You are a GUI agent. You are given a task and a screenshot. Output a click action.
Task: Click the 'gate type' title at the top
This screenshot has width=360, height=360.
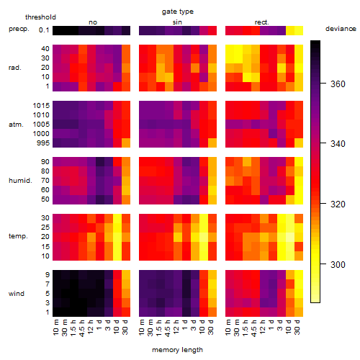(x=178, y=12)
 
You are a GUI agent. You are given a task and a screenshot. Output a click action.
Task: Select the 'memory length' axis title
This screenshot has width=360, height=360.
(x=177, y=350)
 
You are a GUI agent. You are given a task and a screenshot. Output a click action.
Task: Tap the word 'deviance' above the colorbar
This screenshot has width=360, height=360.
(x=341, y=29)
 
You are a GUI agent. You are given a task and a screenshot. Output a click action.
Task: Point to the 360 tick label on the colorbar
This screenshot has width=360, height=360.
(x=338, y=84)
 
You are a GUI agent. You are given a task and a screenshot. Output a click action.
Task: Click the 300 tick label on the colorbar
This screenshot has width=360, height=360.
(x=338, y=265)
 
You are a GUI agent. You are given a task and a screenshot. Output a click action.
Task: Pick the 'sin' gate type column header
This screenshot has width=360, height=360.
(x=177, y=22)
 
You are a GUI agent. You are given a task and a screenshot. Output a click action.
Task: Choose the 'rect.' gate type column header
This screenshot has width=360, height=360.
(x=262, y=22)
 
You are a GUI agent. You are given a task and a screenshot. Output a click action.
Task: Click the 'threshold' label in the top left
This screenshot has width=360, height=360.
(x=40, y=17)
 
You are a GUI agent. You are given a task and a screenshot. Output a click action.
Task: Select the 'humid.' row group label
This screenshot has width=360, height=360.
(x=20, y=181)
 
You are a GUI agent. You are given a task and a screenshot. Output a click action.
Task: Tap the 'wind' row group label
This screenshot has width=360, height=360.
(x=17, y=294)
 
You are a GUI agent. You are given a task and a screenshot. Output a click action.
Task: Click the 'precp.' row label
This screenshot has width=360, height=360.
(x=19, y=29)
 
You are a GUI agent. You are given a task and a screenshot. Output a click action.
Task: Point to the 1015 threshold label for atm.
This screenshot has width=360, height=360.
(x=41, y=106)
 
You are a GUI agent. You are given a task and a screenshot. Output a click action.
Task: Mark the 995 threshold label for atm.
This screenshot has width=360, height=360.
(x=43, y=143)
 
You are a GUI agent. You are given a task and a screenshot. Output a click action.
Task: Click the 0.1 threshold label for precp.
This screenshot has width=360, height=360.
(x=44, y=30)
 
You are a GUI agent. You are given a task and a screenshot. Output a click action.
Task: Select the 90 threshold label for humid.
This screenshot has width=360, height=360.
(x=45, y=162)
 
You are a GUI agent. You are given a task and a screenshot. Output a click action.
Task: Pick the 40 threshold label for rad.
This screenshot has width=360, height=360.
(x=45, y=49)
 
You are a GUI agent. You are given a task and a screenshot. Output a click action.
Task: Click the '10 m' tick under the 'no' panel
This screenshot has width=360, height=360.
(x=55, y=328)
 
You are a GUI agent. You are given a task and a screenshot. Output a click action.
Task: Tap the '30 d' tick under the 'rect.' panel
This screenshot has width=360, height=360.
(x=297, y=328)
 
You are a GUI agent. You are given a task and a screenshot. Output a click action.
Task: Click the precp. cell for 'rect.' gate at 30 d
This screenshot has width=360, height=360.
(x=299, y=30)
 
